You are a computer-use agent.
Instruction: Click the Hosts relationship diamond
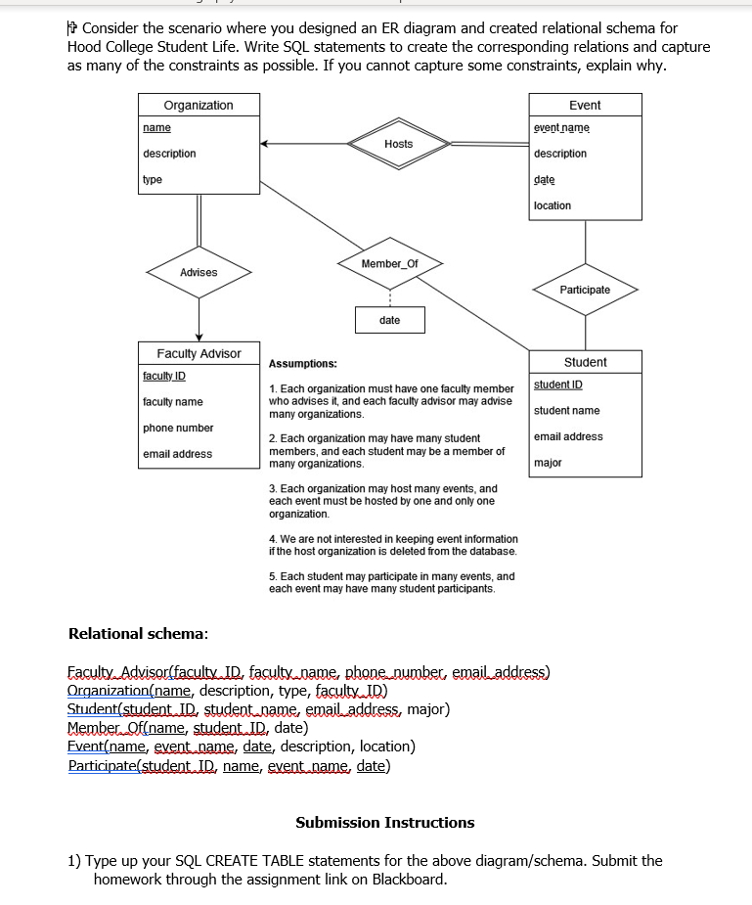(x=398, y=144)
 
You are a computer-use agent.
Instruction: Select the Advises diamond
(x=199, y=272)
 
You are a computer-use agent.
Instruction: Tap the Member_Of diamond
(x=389, y=264)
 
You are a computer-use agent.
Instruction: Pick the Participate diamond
(x=585, y=290)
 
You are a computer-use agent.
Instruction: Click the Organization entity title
(x=199, y=106)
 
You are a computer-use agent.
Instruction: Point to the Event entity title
(x=585, y=106)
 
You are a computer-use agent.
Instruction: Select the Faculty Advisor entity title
(x=199, y=353)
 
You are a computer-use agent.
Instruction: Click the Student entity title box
(x=585, y=362)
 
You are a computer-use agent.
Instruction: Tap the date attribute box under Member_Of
(x=389, y=320)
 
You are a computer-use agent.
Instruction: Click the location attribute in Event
(x=553, y=205)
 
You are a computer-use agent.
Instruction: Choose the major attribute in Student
(x=548, y=463)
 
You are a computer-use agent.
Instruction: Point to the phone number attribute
(x=178, y=428)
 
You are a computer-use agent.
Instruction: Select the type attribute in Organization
(x=153, y=180)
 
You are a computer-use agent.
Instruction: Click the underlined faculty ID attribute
(x=164, y=376)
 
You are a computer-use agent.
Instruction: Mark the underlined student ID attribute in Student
(x=558, y=385)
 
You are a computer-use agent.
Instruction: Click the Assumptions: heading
(x=303, y=363)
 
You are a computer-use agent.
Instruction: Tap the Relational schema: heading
(x=138, y=634)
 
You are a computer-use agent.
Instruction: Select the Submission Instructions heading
(x=384, y=823)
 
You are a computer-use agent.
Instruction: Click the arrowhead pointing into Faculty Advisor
(x=199, y=337)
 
